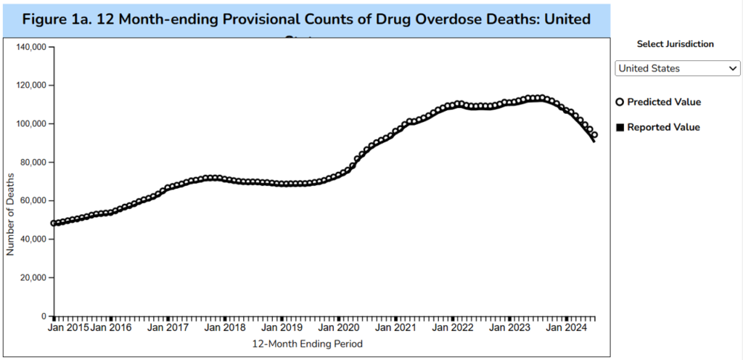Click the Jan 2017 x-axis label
pyautogui.click(x=168, y=327)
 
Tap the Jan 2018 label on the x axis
pyautogui.click(x=225, y=327)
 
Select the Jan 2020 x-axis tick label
pyautogui.click(x=339, y=327)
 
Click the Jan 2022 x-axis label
pyautogui.click(x=452, y=327)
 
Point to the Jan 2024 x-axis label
pyautogui.click(x=566, y=327)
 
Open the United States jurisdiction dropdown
pyautogui.click(x=677, y=68)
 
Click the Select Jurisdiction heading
pyautogui.click(x=676, y=44)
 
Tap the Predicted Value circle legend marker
pyautogui.click(x=620, y=102)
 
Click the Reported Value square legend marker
pyautogui.click(x=620, y=128)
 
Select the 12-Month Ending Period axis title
pyautogui.click(x=306, y=343)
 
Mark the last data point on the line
pyautogui.click(x=594, y=135)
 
